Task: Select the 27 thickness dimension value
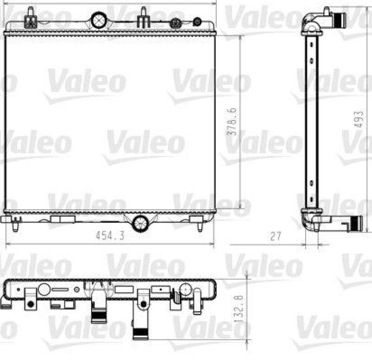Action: pos(276,236)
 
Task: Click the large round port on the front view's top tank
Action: pos(99,20)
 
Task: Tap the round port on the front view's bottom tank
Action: pos(140,223)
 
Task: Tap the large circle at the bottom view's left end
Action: pos(44,290)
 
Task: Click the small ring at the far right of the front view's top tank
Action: pos(197,21)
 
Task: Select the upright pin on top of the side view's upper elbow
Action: pos(327,10)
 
